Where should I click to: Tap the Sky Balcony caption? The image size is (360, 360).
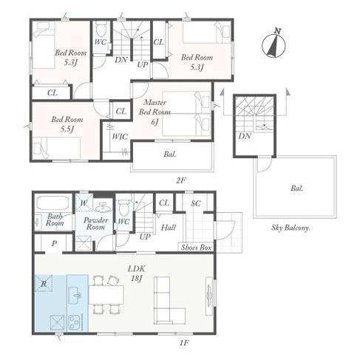pyautogui.click(x=291, y=228)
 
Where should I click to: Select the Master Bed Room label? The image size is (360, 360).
pyautogui.click(x=154, y=112)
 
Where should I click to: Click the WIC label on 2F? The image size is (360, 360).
pyautogui.click(x=120, y=137)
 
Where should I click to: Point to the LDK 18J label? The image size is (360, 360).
pyautogui.click(x=137, y=274)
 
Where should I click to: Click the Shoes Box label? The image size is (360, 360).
pyautogui.click(x=196, y=248)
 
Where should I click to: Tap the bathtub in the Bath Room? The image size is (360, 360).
pyautogui.click(x=52, y=203)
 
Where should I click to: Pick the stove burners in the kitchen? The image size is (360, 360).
pyautogui.click(x=75, y=322)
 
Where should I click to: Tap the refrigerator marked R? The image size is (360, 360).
pyautogui.click(x=44, y=283)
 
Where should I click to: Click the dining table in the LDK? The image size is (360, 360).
pyautogui.click(x=106, y=295)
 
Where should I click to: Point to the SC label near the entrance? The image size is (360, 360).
pyautogui.click(x=196, y=203)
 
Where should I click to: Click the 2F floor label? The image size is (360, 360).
pyautogui.click(x=180, y=180)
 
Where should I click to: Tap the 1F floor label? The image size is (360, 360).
pyautogui.click(x=184, y=343)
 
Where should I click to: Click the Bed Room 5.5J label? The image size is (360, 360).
pyautogui.click(x=67, y=124)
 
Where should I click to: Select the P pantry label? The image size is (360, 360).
pyautogui.click(x=54, y=244)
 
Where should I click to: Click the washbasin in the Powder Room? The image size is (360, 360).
pyautogui.click(x=103, y=208)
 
